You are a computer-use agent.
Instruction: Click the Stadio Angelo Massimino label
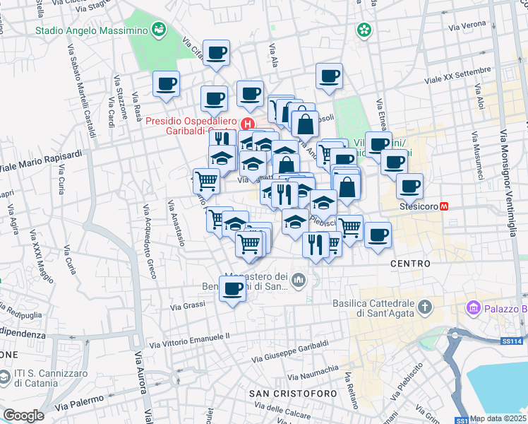92,30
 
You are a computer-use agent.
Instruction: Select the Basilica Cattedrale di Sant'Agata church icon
424,306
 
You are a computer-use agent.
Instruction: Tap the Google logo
23,416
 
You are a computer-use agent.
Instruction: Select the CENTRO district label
410,263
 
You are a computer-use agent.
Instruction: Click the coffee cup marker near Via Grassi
233,288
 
